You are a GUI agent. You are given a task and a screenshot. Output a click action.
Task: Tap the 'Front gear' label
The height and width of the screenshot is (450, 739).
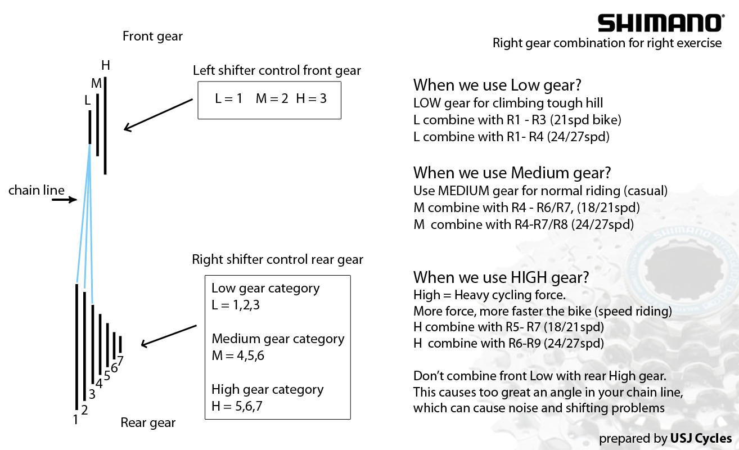point(152,37)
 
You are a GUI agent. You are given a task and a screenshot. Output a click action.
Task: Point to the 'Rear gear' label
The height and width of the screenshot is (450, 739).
point(148,422)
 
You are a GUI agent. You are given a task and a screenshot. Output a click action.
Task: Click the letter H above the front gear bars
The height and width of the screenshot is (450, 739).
point(105,65)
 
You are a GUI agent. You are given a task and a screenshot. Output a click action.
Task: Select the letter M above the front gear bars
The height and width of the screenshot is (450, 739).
point(96,83)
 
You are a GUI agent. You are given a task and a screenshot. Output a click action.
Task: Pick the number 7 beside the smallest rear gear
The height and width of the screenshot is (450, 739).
point(120,361)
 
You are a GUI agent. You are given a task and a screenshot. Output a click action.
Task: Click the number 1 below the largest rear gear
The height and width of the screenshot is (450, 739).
point(75,418)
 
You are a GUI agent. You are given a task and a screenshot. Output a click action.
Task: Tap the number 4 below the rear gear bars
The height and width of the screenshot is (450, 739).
point(99,384)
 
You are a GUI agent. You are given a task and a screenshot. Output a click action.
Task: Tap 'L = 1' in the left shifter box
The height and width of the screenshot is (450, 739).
point(228,98)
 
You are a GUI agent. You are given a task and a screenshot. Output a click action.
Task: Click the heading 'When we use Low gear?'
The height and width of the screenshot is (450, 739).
point(497,85)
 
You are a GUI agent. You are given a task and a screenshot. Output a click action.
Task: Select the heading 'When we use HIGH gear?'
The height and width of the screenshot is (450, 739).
point(501,277)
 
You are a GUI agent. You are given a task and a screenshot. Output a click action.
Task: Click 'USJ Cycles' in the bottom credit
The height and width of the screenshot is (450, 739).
point(701,438)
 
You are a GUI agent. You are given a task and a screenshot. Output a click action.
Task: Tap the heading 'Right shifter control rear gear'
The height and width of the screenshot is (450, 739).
point(277,259)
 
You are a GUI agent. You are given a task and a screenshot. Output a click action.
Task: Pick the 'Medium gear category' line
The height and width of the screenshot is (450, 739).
point(278,339)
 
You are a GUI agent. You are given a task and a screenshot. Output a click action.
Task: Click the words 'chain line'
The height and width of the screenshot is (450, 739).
point(36,190)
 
